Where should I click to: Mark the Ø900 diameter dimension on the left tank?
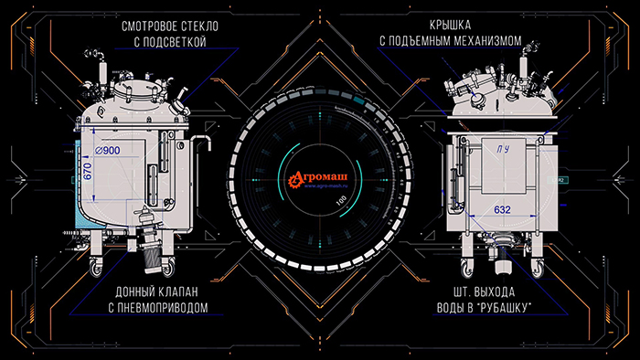pos(107,150)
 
